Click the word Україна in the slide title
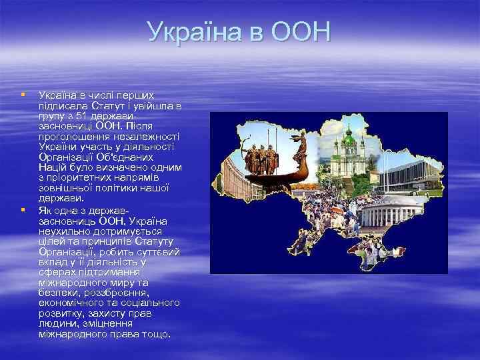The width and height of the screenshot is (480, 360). tap(196, 31)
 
